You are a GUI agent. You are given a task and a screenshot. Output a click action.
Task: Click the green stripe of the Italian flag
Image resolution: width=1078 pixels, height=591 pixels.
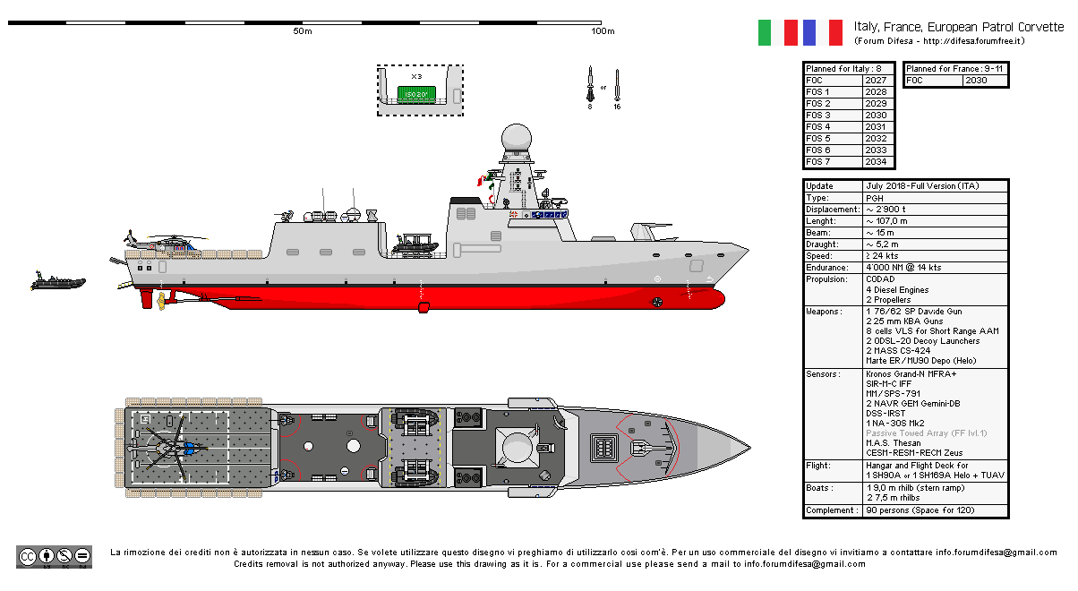click(765, 32)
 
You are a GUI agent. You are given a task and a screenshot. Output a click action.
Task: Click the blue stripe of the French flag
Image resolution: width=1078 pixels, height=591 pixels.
click(809, 32)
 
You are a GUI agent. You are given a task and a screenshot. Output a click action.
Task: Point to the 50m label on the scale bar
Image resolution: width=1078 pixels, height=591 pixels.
click(302, 32)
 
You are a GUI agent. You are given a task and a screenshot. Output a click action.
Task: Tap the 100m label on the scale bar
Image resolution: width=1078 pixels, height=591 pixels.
click(603, 32)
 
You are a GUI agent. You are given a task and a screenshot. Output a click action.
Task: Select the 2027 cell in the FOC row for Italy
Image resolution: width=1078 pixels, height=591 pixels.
click(876, 81)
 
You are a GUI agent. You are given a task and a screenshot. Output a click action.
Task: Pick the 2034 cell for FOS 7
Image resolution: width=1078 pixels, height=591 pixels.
click(876, 162)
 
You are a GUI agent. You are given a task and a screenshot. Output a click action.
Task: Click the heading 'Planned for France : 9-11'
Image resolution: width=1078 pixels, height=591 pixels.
click(954, 69)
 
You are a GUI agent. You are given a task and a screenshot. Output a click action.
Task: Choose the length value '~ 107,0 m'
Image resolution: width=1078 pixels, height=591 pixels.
click(886, 221)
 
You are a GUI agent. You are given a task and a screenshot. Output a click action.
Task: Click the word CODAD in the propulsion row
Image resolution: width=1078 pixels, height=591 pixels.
click(879, 279)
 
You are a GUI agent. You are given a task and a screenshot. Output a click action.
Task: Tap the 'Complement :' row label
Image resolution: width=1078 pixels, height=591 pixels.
click(830, 510)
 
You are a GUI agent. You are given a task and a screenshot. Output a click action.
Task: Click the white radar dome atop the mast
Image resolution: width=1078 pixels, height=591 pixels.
click(517, 138)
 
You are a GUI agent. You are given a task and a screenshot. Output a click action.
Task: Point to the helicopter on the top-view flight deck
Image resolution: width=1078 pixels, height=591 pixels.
click(161, 445)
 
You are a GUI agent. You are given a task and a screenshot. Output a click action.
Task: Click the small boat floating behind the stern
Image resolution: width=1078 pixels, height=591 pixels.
click(57, 282)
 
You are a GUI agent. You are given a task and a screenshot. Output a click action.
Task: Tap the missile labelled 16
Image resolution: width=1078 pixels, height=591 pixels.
click(617, 85)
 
